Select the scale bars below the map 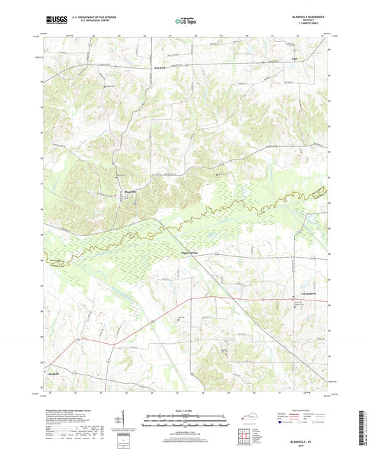click(185, 420)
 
